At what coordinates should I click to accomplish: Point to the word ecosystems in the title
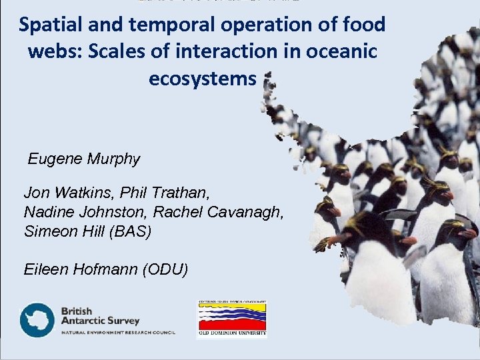(203, 79)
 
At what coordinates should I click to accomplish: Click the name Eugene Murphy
(84, 159)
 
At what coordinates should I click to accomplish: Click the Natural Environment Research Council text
(117, 332)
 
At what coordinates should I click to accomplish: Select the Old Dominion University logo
(232, 319)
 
